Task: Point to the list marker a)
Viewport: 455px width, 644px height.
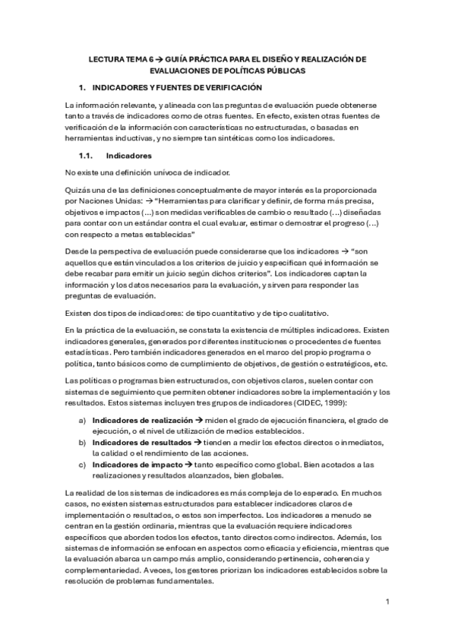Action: [81, 419]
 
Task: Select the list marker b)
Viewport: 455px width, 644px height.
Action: [81, 442]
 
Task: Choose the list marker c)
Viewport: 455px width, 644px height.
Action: [81, 464]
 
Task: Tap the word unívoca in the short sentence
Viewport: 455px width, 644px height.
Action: [147, 172]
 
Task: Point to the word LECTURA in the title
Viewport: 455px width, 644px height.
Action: [106, 58]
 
